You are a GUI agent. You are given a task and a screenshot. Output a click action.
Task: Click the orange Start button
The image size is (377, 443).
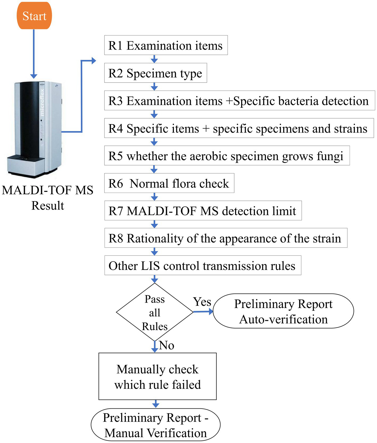pyautogui.click(x=34, y=16)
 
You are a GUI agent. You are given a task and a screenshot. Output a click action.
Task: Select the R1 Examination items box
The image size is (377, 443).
pyautogui.click(x=166, y=45)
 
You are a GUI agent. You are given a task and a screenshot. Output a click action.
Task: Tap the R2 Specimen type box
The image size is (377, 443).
pyautogui.click(x=155, y=73)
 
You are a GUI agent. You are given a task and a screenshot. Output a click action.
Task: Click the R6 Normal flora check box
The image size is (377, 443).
pyautogui.click(x=169, y=183)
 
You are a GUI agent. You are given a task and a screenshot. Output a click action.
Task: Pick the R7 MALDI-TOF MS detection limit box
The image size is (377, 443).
pyautogui.click(x=203, y=211)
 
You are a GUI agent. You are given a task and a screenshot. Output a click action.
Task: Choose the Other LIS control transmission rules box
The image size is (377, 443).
pyautogui.click(x=203, y=266)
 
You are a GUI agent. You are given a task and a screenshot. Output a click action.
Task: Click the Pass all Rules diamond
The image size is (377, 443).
pyautogui.click(x=154, y=312)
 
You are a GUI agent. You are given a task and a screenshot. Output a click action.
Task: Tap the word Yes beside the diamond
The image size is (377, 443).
pyautogui.click(x=202, y=302)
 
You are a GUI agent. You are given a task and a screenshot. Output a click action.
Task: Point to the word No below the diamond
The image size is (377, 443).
pyautogui.click(x=167, y=346)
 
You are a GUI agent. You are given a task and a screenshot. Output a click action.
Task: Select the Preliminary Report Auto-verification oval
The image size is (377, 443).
pyautogui.click(x=283, y=311)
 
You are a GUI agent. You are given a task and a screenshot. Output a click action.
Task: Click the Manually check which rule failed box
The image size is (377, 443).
pyautogui.click(x=157, y=376)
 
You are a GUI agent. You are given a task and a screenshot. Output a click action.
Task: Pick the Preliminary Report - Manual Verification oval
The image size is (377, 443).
pyautogui.click(x=156, y=425)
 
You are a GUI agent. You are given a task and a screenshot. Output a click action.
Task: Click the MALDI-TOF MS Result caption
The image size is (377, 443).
pyautogui.click(x=48, y=198)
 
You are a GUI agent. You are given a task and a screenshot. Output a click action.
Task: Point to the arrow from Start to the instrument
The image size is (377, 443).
pyautogui.click(x=34, y=53)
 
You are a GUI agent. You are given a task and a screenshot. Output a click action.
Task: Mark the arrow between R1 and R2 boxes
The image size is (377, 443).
pyautogui.click(x=154, y=59)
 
